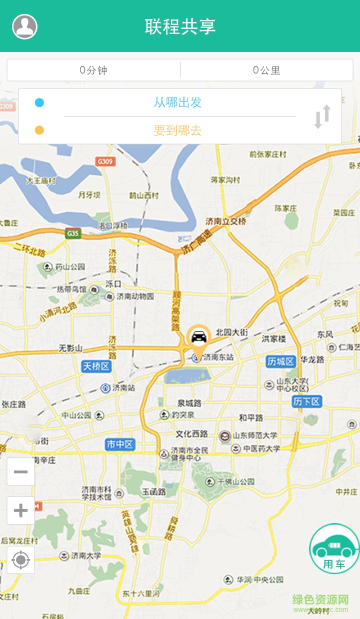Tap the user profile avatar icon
tap(24, 26)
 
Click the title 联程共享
tap(180, 26)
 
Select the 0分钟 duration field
tap(93, 70)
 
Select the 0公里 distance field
tap(266, 70)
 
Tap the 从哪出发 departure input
tap(177, 102)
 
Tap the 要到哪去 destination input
tap(177, 130)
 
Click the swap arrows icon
tap(322, 116)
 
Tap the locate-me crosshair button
tap(20, 559)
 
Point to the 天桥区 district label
tap(95, 366)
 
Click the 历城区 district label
tap(280, 361)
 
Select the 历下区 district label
tap(306, 401)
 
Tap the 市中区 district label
tap(120, 444)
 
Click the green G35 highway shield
tap(73, 233)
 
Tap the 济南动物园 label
tap(135, 296)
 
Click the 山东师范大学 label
tap(254, 435)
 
